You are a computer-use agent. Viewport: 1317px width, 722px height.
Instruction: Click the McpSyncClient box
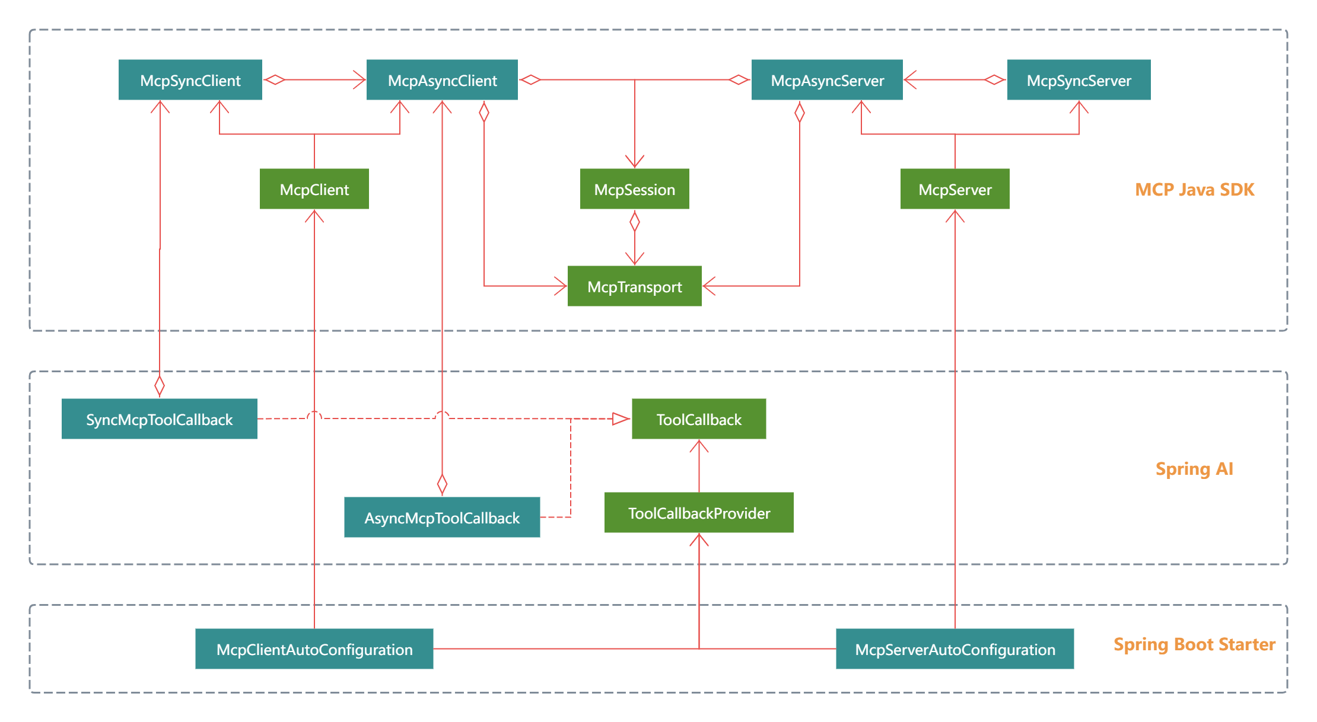190,80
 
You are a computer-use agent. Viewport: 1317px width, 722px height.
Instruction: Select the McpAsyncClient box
442,80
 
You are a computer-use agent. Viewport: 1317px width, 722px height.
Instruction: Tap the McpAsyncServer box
827,80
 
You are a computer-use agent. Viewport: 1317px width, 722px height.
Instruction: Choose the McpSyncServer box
1079,80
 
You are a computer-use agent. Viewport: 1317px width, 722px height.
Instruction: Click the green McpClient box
314,189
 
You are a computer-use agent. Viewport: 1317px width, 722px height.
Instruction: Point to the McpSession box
634,189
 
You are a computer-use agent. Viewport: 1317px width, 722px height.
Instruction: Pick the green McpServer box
955,189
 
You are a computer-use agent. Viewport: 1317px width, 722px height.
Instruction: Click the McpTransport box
634,286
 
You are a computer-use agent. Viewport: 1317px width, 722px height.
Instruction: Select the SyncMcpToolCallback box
159,419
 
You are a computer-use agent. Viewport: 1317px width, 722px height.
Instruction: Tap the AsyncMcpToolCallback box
442,517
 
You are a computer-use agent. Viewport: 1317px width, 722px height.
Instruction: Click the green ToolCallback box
699,419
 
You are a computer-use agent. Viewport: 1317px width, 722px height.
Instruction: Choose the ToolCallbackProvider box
699,513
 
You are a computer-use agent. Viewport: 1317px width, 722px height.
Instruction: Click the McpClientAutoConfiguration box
314,649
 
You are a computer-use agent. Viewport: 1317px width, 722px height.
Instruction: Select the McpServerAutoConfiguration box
955,649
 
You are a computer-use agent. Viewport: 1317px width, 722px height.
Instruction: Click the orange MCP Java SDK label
1194,190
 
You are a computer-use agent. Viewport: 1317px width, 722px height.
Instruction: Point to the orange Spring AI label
1194,469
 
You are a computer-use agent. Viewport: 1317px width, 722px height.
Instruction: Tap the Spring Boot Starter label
1194,644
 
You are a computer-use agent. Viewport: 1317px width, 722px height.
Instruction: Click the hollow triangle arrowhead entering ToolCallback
621,419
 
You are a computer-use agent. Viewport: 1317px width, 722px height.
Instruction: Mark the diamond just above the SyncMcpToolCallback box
159,386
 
